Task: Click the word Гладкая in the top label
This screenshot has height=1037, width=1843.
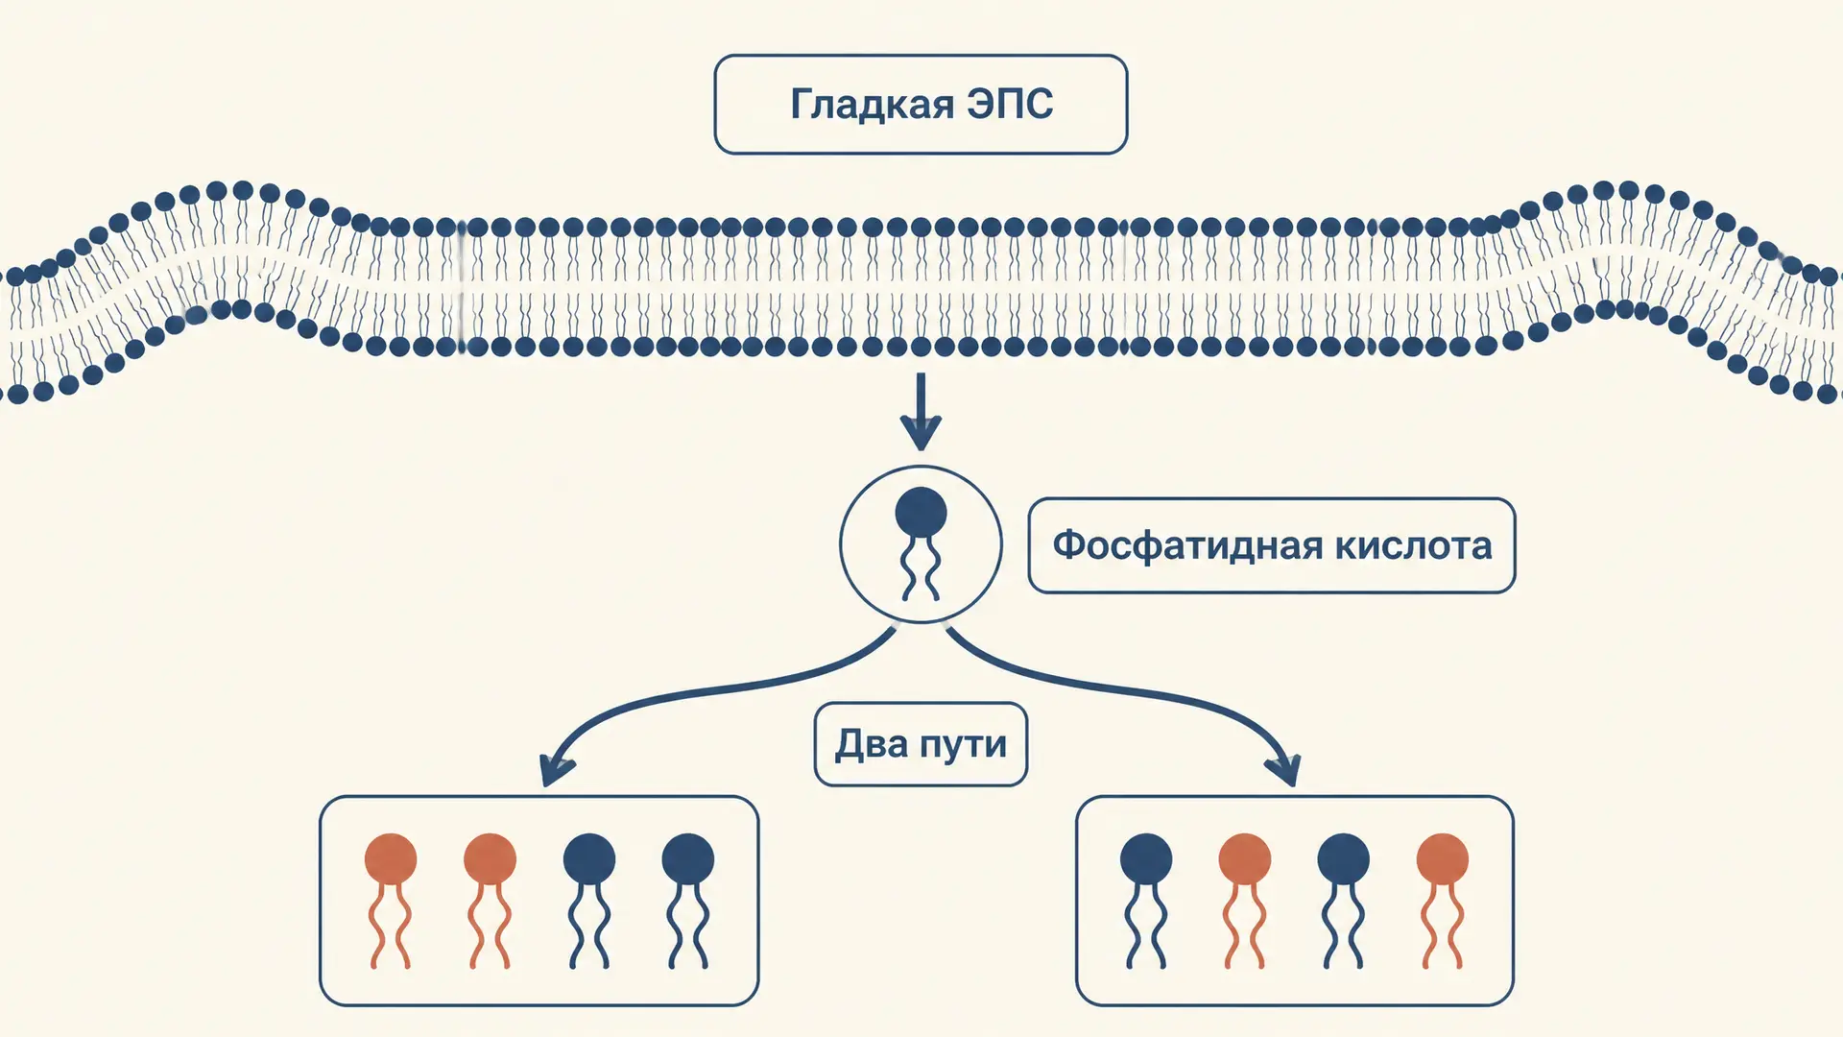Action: (x=872, y=105)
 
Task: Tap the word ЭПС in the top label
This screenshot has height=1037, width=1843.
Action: (x=1011, y=104)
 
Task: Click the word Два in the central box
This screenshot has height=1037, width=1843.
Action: (x=871, y=744)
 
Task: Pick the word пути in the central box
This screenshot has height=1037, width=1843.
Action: (x=964, y=746)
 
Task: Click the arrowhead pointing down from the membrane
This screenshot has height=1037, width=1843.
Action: (x=921, y=432)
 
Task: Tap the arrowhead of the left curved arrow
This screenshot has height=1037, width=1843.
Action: (x=556, y=770)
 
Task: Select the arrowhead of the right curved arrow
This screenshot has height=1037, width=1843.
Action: (x=1284, y=770)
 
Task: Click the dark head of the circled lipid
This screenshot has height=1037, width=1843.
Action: (x=921, y=513)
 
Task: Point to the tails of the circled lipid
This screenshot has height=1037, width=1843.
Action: (x=921, y=569)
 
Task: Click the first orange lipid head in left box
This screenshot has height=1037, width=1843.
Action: (x=391, y=858)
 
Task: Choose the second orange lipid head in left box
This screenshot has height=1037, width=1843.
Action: (x=490, y=858)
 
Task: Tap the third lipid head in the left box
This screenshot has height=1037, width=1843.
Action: (x=589, y=858)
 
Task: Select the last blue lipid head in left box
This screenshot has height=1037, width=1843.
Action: (x=688, y=858)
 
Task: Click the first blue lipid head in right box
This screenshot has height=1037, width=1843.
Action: (x=1146, y=858)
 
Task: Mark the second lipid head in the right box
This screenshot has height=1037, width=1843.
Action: (x=1245, y=858)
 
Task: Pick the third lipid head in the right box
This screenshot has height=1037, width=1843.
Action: (x=1344, y=858)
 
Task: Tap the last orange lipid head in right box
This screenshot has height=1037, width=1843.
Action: (x=1443, y=858)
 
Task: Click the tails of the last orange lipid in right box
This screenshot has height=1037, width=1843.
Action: (x=1443, y=926)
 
